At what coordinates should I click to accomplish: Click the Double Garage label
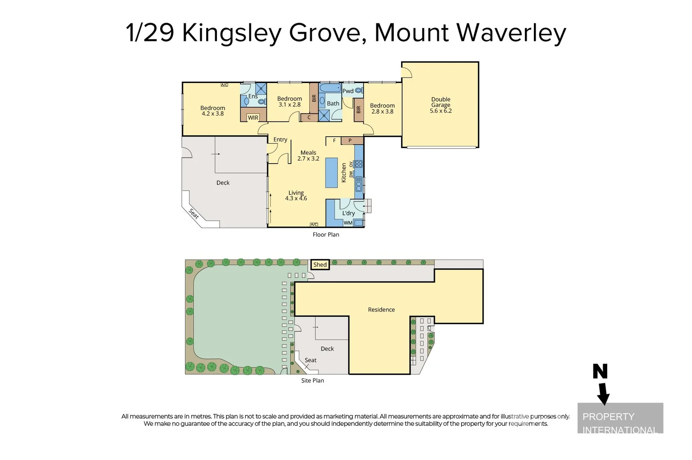pos(441,105)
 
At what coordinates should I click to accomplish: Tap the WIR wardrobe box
pos(253,118)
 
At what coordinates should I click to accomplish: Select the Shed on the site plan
pos(320,264)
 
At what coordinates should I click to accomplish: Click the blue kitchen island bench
pos(332,172)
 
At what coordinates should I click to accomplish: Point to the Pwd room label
pos(348,91)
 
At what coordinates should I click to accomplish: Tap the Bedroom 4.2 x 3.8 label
pos(213,111)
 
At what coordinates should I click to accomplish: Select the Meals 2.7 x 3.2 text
pos(308,155)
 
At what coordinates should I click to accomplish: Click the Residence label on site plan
pos(381,310)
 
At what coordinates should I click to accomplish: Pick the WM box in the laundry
pos(348,223)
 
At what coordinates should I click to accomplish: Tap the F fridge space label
pos(334,141)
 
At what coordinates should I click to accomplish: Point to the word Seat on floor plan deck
pos(194,213)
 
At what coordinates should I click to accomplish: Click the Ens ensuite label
pos(253,96)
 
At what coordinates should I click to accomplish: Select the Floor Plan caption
pos(326,235)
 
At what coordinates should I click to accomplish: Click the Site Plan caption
pos(312,380)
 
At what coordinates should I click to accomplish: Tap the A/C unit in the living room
pos(314,224)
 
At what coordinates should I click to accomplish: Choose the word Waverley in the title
pos(511,33)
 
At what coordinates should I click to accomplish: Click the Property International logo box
pos(620,418)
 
